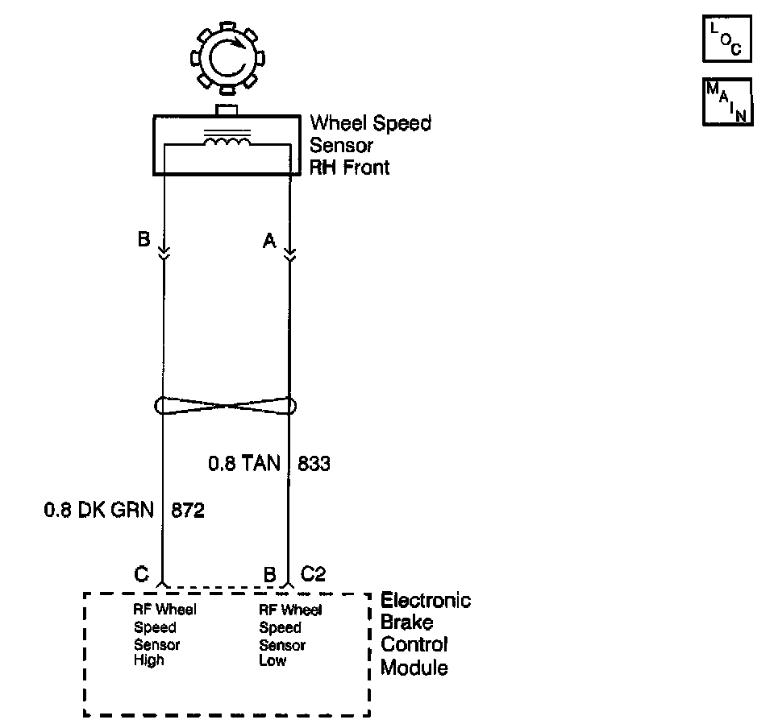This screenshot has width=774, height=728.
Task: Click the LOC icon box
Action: (727, 39)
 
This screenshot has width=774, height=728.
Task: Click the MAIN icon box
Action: (727, 101)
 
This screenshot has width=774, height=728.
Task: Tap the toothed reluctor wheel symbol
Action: (225, 59)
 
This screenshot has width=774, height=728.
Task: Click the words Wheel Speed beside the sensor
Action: (371, 123)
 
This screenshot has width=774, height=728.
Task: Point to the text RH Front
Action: (350, 168)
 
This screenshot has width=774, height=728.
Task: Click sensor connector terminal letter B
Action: (144, 240)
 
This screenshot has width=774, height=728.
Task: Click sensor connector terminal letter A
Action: (269, 240)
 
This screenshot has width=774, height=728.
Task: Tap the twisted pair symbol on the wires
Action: (227, 405)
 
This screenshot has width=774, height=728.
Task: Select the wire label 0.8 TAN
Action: (244, 464)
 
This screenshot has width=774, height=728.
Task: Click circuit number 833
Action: (314, 464)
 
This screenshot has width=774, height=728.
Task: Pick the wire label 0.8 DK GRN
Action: (98, 511)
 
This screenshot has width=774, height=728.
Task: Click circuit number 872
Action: (188, 511)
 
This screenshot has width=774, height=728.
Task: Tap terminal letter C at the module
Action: (141, 574)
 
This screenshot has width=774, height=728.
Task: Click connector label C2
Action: (313, 574)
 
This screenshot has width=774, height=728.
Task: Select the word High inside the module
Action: (148, 660)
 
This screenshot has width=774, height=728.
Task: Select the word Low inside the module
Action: (273, 660)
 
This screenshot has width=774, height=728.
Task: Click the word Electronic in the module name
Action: (426, 601)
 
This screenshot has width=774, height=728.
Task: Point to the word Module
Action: (414, 668)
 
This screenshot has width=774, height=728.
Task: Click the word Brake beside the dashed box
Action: (407, 623)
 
